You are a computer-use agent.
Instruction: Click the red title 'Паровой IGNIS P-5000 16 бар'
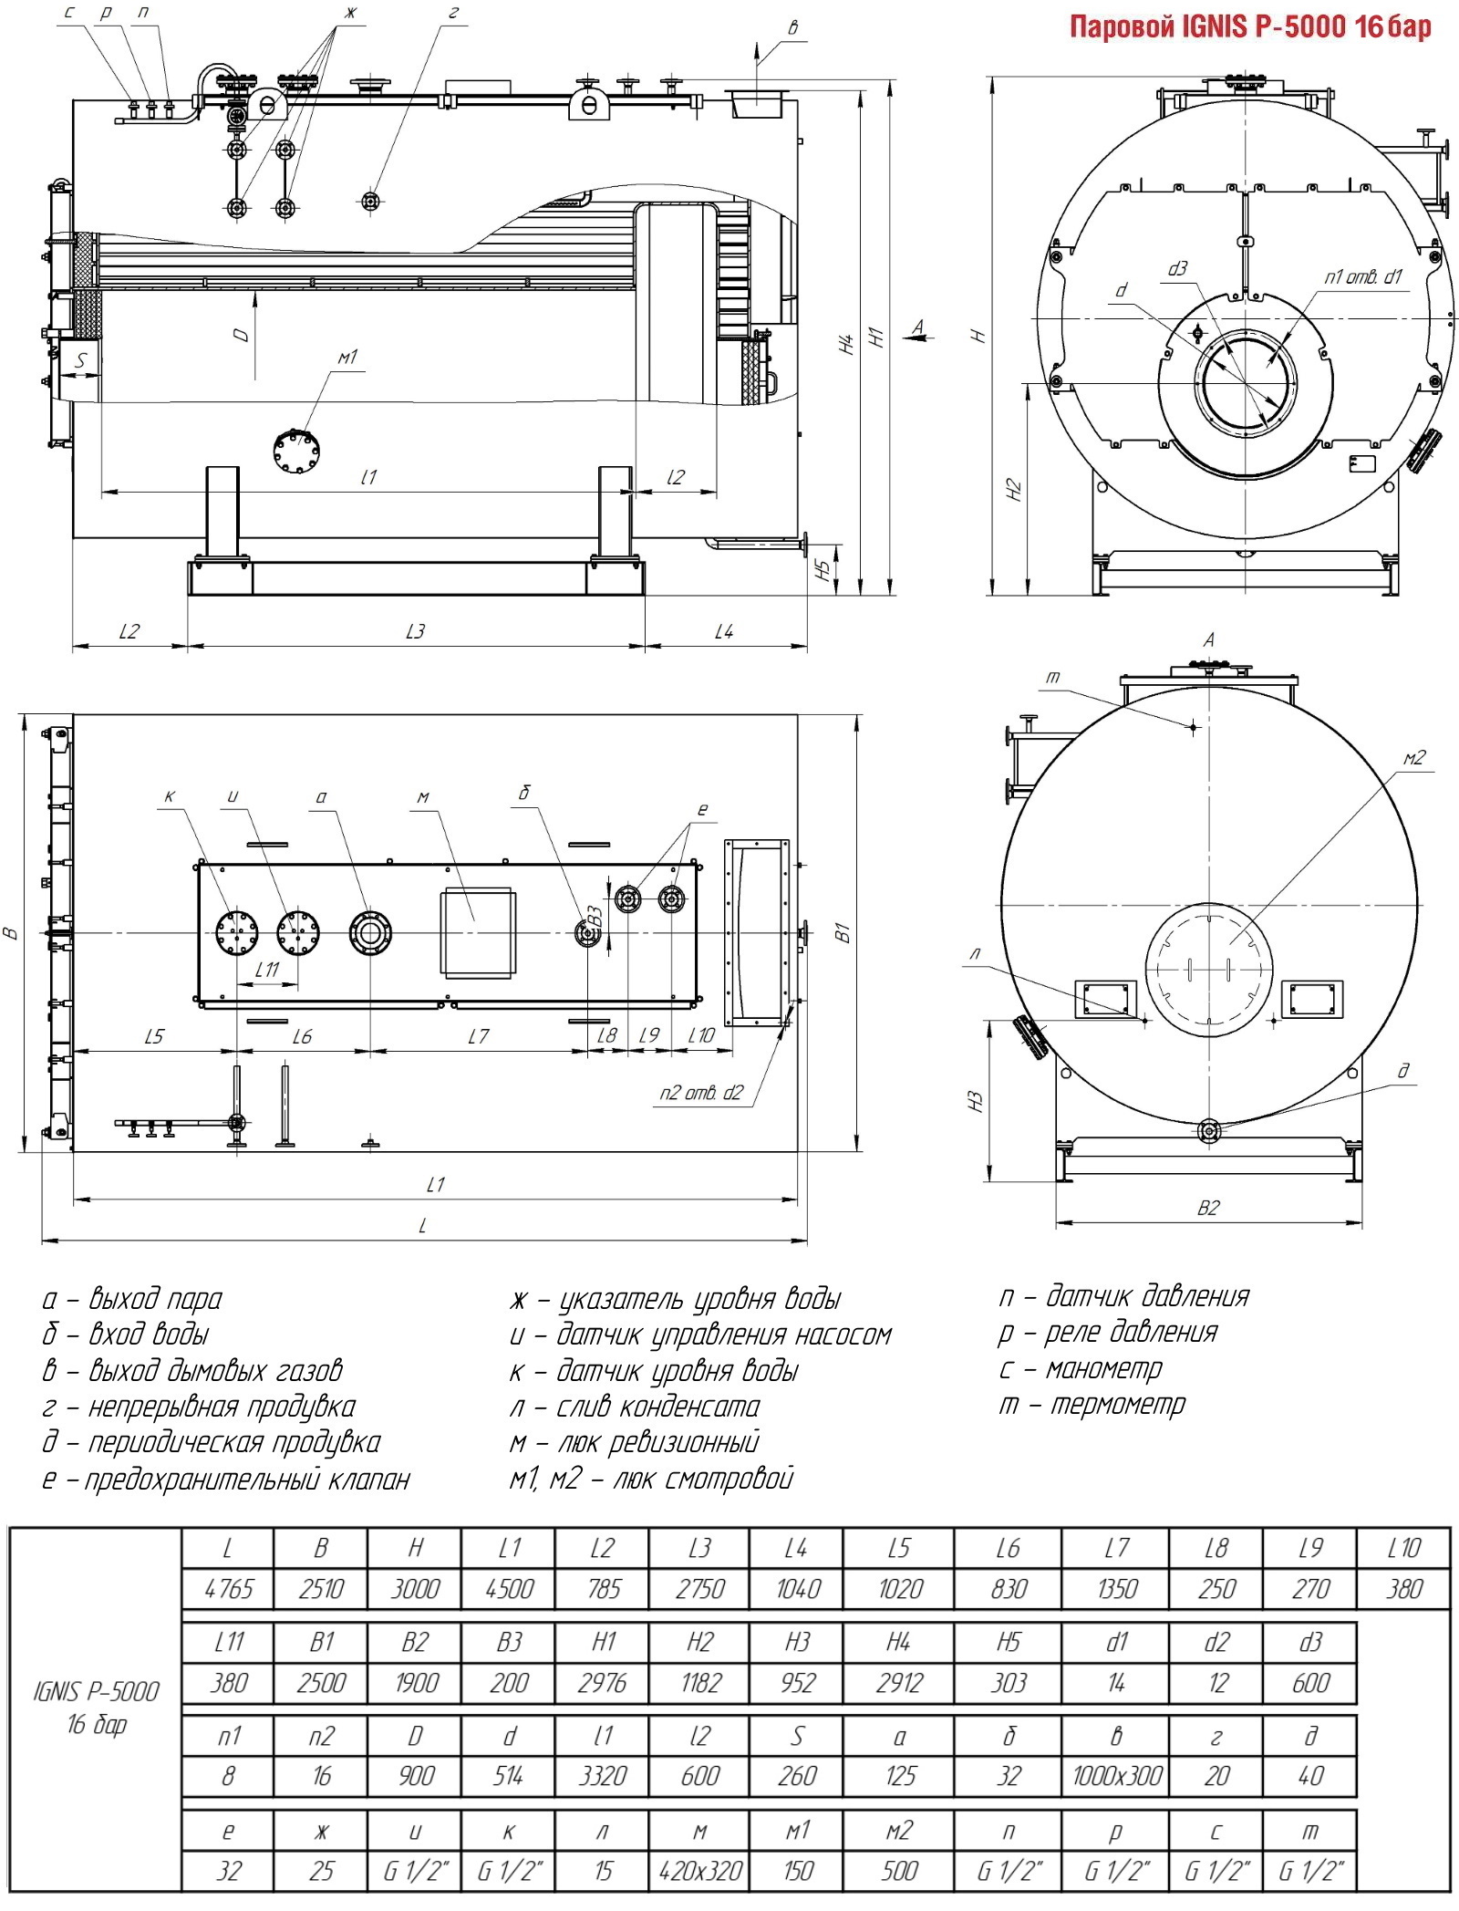click(1250, 26)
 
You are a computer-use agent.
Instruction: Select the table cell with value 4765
click(229, 1589)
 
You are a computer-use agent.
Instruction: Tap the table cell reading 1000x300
click(1117, 1775)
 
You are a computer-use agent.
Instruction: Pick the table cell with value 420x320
click(700, 1870)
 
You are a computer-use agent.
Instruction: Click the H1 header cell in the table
click(603, 1642)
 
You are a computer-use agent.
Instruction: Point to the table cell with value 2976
click(603, 1682)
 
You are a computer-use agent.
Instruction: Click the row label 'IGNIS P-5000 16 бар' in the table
click(96, 1708)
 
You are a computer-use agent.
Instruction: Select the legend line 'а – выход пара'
click(132, 1298)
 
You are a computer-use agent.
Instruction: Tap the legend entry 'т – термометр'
click(1092, 1404)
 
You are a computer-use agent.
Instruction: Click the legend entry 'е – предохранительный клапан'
click(226, 1478)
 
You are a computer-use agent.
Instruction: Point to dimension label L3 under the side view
click(416, 631)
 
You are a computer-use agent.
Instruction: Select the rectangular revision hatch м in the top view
click(478, 934)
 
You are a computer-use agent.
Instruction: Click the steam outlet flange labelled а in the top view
click(370, 933)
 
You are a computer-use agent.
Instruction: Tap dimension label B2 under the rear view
click(1208, 1208)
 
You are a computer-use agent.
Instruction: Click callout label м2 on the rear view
click(1413, 757)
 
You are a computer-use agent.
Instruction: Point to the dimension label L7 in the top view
click(479, 1036)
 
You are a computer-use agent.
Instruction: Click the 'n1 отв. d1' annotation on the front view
click(1363, 276)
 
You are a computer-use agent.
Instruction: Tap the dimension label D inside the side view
click(241, 335)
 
